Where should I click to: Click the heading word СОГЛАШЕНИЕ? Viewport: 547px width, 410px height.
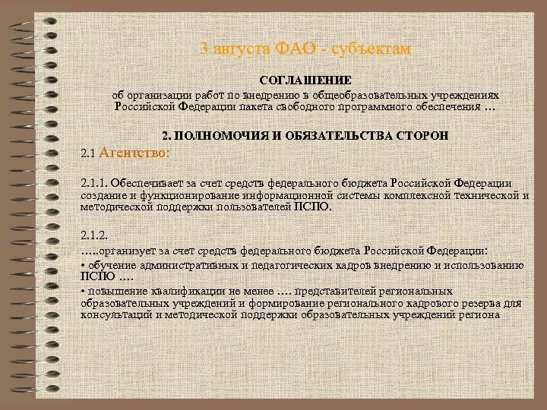(x=305, y=80)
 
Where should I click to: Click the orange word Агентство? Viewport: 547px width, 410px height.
(x=134, y=153)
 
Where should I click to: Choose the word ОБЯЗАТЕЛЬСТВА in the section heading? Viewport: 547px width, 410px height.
(x=334, y=136)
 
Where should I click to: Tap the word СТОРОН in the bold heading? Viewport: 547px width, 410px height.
(x=422, y=136)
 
